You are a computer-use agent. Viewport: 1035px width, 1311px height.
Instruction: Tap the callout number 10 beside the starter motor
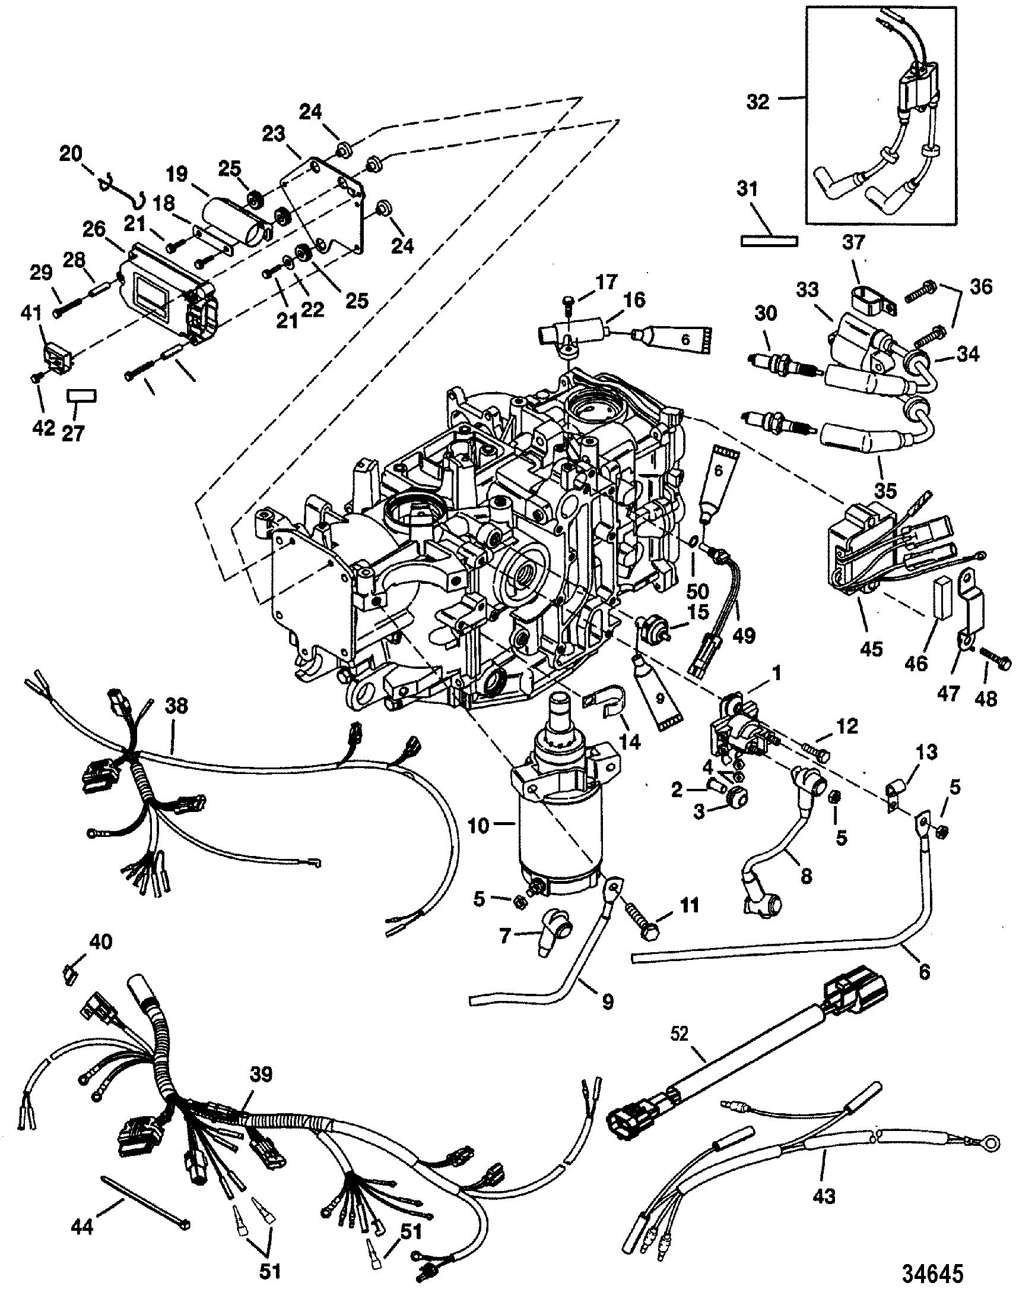click(x=480, y=826)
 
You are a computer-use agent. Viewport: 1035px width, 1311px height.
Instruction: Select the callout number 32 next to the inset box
click(x=757, y=101)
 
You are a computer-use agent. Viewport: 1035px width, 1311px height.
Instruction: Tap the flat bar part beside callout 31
click(x=769, y=241)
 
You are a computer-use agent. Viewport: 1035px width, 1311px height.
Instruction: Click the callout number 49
click(x=745, y=635)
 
